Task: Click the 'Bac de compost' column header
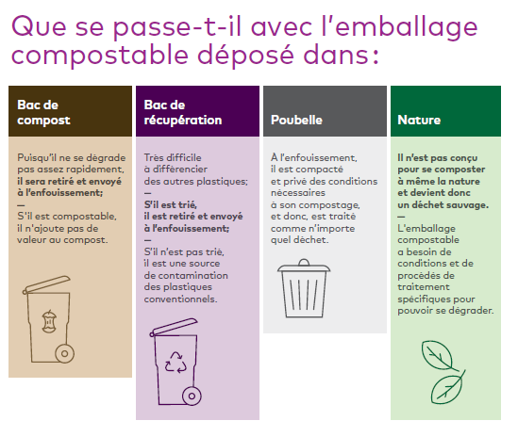[x=43, y=112]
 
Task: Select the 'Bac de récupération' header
[x=183, y=112]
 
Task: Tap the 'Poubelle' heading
[x=296, y=120]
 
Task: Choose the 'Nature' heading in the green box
[x=419, y=120]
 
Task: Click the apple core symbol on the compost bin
[x=50, y=321]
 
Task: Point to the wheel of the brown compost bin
[x=65, y=353]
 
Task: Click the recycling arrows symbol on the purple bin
[x=175, y=363]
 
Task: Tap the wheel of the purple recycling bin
[x=192, y=396]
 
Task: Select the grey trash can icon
[x=304, y=288]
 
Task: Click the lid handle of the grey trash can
[x=304, y=262]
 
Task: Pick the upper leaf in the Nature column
[x=437, y=355]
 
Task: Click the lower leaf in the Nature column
[x=447, y=388]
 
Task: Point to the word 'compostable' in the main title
[x=100, y=56]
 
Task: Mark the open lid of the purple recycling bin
[x=174, y=327]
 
